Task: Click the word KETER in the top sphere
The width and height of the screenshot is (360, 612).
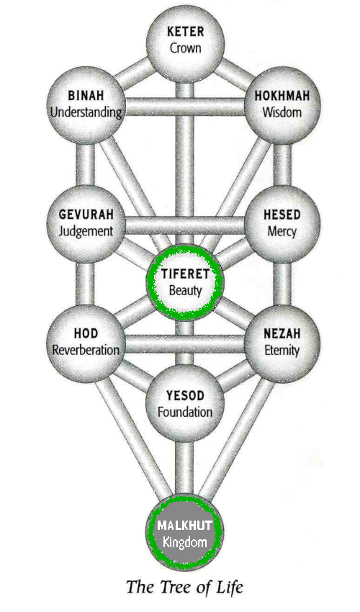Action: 185,32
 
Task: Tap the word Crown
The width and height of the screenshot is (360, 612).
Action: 186,48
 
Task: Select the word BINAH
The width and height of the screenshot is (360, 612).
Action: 86,96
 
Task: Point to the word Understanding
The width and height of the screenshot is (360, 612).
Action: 86,113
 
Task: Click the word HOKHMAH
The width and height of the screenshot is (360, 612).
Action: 282,96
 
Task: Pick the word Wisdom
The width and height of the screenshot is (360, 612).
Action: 282,112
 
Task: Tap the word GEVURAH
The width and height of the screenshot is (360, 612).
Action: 86,215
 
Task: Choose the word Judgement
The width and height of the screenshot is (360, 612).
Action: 86,232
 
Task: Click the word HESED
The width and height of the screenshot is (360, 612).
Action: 282,215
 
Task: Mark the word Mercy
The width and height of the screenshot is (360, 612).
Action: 282,232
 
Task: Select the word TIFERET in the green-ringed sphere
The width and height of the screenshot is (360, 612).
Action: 185,274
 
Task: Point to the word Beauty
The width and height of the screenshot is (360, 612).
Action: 185,291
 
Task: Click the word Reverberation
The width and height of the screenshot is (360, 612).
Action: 86,350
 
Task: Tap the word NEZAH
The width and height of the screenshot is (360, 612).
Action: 282,333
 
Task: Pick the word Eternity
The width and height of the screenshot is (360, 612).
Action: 282,351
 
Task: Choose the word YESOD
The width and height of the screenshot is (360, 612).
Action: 185,396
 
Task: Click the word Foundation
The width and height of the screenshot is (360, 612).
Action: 185,413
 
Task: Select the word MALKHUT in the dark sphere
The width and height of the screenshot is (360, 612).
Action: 185,525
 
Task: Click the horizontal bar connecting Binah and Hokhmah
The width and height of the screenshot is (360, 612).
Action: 185,106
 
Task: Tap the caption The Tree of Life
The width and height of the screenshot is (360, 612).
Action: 185,587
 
